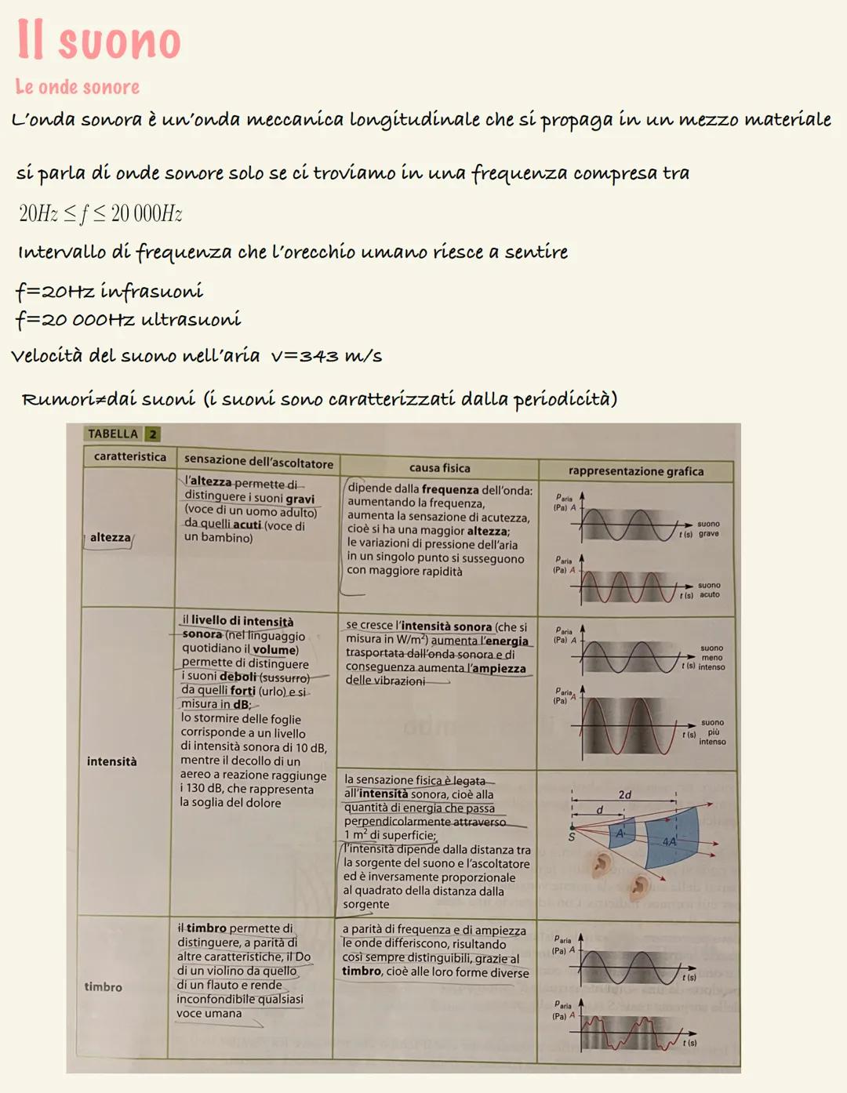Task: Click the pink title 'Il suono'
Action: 99,41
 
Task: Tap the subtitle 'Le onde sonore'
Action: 78,87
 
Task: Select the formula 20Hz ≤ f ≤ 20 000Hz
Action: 100,213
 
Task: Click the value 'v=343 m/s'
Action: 326,356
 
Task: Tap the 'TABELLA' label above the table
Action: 113,434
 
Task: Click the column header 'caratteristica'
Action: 130,456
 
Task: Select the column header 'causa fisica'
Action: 439,468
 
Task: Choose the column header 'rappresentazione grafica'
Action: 636,471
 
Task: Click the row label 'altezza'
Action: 110,538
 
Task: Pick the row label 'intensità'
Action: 111,761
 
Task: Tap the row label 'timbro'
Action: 104,987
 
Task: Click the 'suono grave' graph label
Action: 708,528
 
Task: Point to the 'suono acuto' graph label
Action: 709,590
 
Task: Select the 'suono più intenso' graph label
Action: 712,732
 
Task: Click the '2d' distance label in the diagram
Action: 625,795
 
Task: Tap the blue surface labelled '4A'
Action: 671,839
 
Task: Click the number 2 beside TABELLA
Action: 153,434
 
